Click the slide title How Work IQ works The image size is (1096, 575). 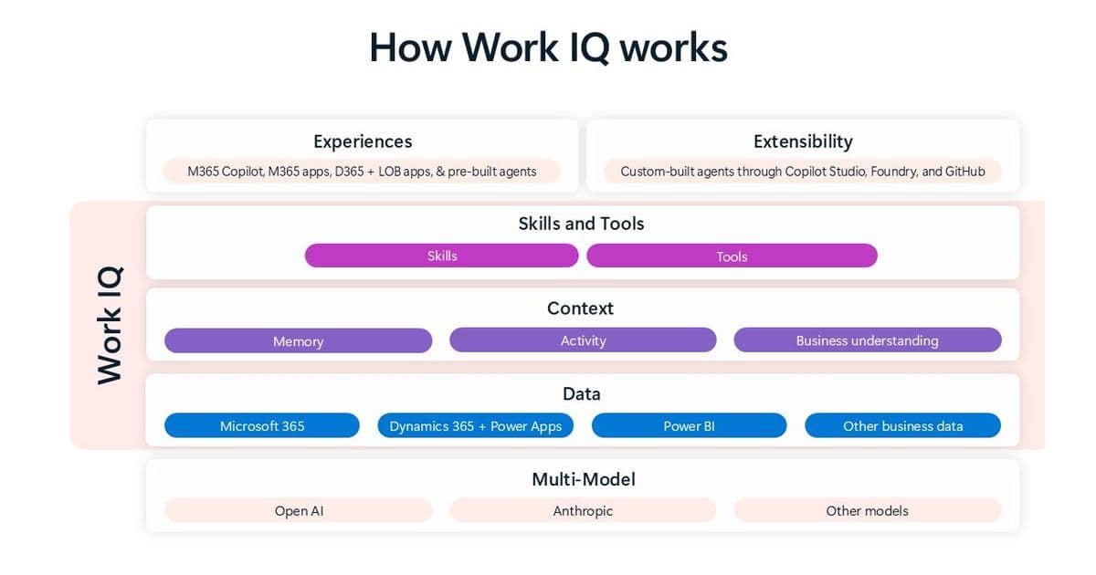[548, 47]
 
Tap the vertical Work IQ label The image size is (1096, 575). [110, 325]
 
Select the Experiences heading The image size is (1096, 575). [363, 141]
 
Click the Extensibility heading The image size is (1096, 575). [803, 141]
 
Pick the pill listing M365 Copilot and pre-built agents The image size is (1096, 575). [362, 171]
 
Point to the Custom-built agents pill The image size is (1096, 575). [802, 171]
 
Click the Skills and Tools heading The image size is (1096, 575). [581, 224]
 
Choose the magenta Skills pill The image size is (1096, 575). [442, 256]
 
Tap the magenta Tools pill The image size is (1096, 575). [732, 256]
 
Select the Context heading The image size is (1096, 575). [581, 308]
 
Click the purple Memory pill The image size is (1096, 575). [298, 340]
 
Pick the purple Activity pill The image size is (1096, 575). [583, 340]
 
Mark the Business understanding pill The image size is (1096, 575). [867, 340]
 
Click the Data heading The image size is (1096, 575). [581, 394]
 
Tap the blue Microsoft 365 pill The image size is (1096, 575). [262, 425]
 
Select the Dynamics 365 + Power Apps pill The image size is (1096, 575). [475, 425]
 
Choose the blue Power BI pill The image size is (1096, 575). [689, 425]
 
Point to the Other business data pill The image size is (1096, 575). [902, 425]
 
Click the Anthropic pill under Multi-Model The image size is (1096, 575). [583, 510]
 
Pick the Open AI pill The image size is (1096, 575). [299, 510]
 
